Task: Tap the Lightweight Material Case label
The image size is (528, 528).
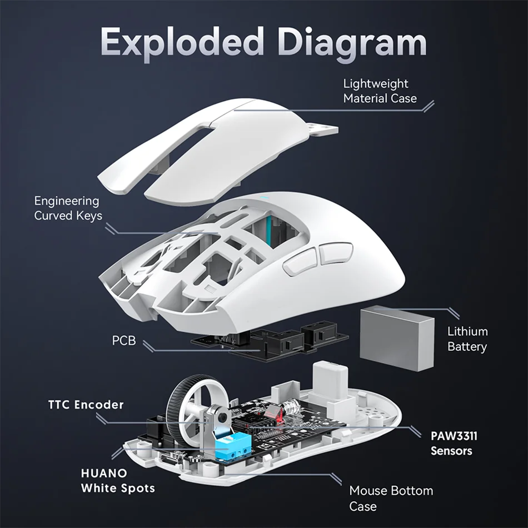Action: (x=379, y=91)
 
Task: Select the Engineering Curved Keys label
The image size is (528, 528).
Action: (x=68, y=208)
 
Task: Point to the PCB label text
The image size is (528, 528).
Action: (x=123, y=340)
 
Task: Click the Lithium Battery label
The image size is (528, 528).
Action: (x=467, y=339)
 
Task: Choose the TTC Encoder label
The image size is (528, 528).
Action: (x=86, y=404)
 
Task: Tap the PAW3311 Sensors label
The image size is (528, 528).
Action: (x=454, y=443)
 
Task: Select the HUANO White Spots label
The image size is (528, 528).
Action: (x=117, y=481)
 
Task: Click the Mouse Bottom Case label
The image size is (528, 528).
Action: (x=391, y=498)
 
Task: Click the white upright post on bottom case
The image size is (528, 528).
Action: (x=330, y=383)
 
